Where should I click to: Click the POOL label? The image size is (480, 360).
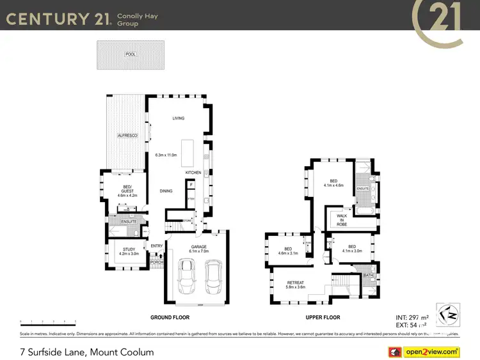131,54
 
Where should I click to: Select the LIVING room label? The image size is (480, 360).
178,118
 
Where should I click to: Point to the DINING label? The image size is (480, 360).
166,191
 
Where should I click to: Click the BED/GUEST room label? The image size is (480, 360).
127,187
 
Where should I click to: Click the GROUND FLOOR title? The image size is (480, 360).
169,317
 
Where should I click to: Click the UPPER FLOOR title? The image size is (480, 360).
322,317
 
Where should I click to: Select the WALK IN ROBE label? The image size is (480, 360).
342,220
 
